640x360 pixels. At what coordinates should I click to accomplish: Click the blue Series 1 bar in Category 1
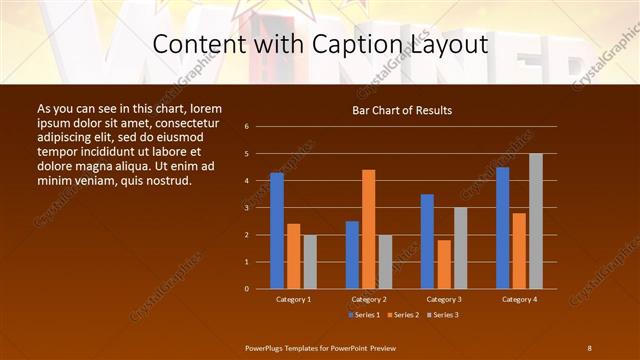click(x=277, y=230)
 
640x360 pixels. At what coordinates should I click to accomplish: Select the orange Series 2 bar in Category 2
click(x=369, y=229)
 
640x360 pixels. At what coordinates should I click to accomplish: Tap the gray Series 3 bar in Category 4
click(x=536, y=221)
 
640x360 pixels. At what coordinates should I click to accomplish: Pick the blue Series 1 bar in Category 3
click(x=427, y=241)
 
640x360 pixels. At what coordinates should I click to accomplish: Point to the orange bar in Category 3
click(x=444, y=264)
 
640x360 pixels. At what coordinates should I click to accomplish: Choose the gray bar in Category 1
click(x=310, y=261)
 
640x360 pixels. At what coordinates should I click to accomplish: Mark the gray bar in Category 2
click(x=385, y=261)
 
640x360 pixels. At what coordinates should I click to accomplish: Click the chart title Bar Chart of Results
click(x=402, y=110)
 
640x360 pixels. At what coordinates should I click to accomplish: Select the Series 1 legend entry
click(x=364, y=315)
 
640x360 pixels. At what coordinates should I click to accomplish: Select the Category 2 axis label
click(x=369, y=299)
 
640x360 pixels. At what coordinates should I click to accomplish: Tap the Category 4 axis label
click(x=519, y=299)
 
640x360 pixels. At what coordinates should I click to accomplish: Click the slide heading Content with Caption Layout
click(x=320, y=45)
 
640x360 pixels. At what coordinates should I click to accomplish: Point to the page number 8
click(x=589, y=347)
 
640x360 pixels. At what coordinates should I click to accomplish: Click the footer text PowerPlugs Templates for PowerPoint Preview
click(x=320, y=347)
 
